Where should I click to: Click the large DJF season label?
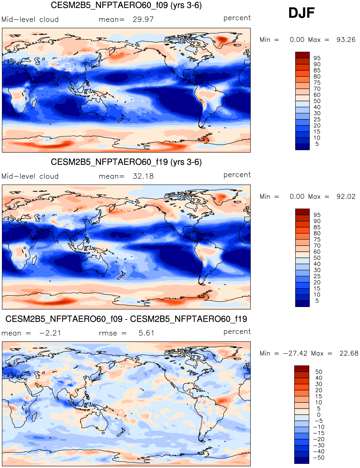coord(301,13)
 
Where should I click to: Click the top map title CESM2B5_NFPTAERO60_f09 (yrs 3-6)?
coord(126,5)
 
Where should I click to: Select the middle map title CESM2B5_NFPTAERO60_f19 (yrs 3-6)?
coord(126,162)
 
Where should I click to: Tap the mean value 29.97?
coord(143,19)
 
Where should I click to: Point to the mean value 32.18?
coord(143,176)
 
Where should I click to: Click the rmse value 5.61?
coord(146,333)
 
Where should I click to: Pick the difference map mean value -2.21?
coord(50,333)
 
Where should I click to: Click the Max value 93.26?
coord(346,40)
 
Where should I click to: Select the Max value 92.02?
coord(346,196)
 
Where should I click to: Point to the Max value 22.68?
coord(349,353)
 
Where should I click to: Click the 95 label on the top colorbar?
coord(317,58)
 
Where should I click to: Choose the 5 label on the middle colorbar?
coord(317,301)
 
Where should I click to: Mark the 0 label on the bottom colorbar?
coord(319,415)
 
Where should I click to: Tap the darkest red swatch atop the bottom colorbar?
coord(302,369)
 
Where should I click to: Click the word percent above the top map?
coord(237,18)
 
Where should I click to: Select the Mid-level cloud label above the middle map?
coord(30,176)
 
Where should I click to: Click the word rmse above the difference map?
coord(108,333)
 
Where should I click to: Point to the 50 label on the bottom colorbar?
coord(319,372)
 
